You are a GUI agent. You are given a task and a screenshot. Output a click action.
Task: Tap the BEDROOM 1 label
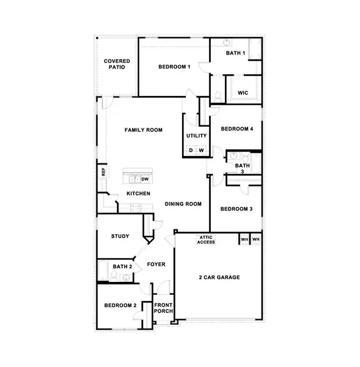click(x=175, y=66)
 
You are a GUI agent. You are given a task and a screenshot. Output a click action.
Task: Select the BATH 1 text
click(x=236, y=53)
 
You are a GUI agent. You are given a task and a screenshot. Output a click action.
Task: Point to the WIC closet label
click(x=243, y=93)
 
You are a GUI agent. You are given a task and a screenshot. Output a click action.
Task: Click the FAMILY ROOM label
click(x=144, y=130)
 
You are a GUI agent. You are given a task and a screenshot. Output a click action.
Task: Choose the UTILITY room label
click(x=196, y=136)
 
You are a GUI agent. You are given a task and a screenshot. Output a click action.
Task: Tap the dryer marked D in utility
click(x=191, y=150)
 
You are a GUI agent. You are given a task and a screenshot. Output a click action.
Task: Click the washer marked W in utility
click(x=201, y=150)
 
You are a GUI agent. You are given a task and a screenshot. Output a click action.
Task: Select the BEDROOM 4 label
click(x=237, y=128)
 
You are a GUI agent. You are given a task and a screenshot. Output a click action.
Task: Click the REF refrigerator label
click(x=103, y=173)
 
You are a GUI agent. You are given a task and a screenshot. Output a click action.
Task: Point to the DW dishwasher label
click(x=145, y=179)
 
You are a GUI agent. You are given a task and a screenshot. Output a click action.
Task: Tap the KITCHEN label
click(x=138, y=194)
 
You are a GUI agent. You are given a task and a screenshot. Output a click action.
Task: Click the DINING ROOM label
click(x=183, y=204)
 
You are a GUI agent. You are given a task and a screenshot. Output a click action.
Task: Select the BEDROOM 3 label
click(x=237, y=209)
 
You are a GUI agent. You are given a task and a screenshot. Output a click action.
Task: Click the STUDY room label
click(x=119, y=236)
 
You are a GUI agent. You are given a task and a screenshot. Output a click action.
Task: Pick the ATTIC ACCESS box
click(x=205, y=240)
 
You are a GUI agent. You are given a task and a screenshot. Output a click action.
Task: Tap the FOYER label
click(x=156, y=264)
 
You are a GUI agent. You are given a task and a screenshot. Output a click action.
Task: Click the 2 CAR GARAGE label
click(x=218, y=277)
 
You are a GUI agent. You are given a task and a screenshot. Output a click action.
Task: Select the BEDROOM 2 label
click(x=120, y=305)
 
